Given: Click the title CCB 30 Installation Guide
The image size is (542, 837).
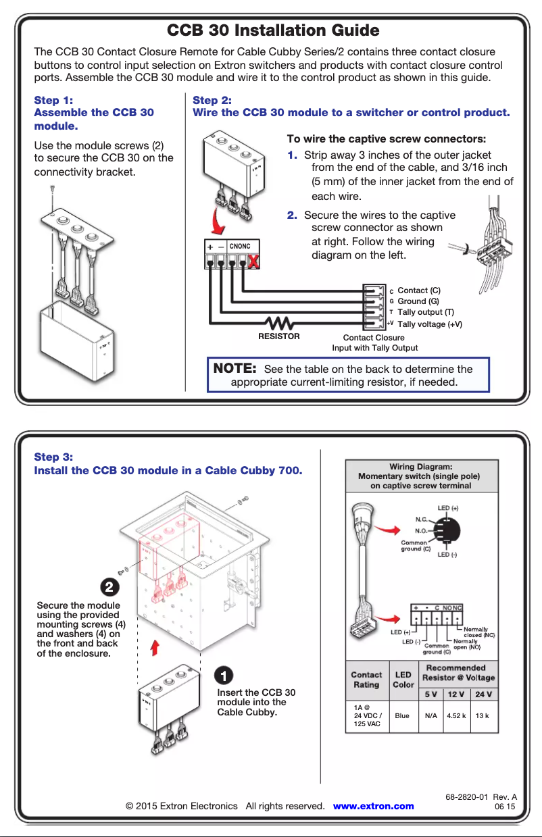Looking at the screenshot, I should coord(272,30).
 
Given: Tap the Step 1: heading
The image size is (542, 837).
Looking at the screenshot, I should coord(54,100).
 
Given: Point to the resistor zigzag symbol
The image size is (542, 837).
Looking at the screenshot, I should coord(278,323).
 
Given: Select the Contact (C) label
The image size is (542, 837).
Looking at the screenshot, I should coord(419,290).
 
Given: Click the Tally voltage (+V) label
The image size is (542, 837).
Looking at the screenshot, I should coord(430,324).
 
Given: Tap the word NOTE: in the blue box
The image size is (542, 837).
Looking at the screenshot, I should coord(235,369).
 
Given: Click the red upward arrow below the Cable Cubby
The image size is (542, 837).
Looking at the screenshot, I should coord(155,648).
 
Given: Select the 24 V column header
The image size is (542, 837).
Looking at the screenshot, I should coord(483,694).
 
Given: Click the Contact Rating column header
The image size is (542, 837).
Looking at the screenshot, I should coord(366,680).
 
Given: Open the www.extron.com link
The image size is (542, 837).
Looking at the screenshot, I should coord(374,806).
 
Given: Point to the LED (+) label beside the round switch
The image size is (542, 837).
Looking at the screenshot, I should coord(448,508).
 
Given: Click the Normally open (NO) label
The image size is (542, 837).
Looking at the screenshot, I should coord(466,644).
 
